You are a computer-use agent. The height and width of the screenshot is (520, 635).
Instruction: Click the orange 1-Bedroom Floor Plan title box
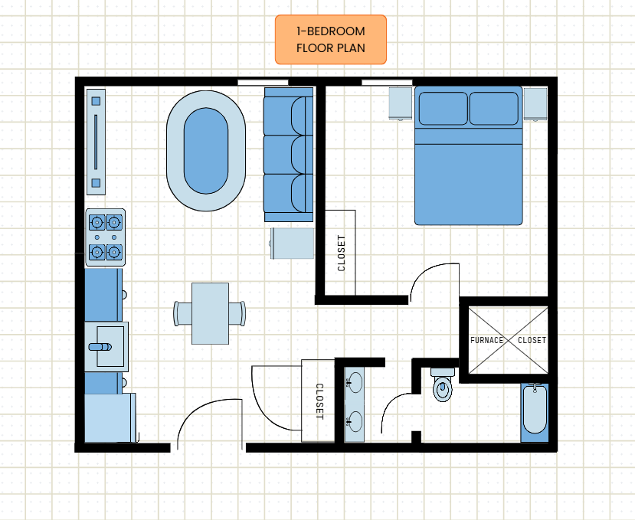tap(331, 40)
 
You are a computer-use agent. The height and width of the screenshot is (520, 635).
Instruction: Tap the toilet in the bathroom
tap(442, 384)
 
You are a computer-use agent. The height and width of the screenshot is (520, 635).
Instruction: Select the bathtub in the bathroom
tap(535, 409)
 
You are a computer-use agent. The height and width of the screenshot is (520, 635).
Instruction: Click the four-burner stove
tap(105, 237)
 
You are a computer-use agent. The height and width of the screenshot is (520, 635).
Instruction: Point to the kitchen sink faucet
tap(100, 347)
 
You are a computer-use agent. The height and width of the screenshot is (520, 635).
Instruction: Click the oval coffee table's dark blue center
tap(206, 151)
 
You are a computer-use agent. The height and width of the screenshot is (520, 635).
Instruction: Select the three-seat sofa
tap(288, 155)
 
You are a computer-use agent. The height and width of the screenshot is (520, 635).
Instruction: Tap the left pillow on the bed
tap(443, 109)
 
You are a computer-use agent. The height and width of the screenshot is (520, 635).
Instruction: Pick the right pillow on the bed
tap(493, 109)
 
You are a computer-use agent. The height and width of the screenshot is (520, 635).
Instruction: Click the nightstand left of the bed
tap(401, 103)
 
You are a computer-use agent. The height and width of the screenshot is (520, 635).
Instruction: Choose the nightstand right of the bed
tap(535, 104)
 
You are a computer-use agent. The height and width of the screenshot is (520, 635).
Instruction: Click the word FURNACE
tap(486, 340)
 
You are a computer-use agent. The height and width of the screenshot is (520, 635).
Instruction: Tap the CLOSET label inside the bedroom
tap(342, 253)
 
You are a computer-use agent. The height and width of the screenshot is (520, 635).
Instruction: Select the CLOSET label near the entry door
tap(319, 401)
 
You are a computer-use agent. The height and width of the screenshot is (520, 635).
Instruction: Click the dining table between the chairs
tap(210, 313)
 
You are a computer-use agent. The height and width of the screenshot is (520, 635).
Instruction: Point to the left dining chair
tap(182, 313)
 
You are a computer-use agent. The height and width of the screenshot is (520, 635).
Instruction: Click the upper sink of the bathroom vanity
tap(355, 383)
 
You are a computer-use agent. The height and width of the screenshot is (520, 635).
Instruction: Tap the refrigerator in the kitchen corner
tap(110, 417)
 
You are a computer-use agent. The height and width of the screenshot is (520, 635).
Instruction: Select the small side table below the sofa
tap(293, 243)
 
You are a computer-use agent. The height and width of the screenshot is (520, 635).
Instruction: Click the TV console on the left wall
tap(96, 142)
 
